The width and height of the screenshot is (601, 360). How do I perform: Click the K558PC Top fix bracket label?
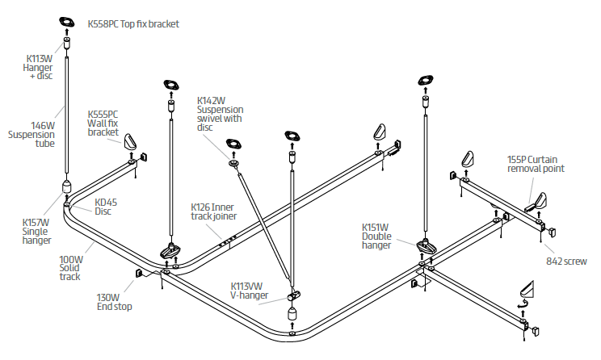(133, 24)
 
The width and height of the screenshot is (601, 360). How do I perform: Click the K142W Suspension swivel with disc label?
(220, 114)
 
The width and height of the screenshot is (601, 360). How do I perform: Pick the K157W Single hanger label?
(36, 231)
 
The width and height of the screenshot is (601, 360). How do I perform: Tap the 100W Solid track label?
(70, 269)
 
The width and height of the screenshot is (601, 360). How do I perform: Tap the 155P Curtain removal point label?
(535, 164)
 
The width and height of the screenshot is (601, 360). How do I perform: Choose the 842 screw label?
(565, 262)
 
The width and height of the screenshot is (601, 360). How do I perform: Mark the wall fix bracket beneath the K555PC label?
(130, 146)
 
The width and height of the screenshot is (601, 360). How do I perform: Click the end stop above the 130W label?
(139, 273)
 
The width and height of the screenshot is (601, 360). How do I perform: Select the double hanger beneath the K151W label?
(427, 245)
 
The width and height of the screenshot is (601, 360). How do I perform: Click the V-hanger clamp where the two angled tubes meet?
(295, 294)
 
